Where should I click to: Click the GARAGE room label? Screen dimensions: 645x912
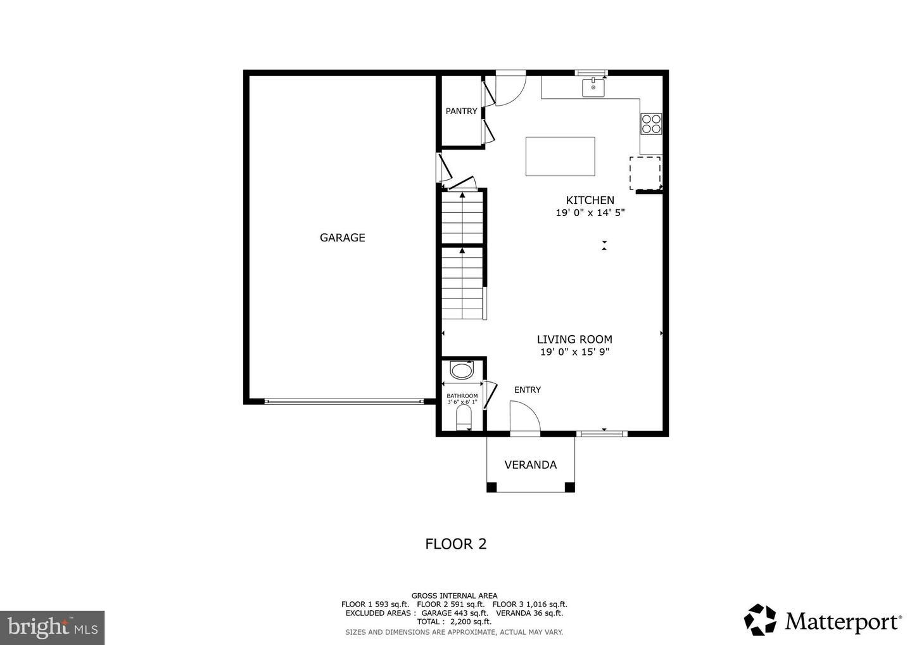click(342, 238)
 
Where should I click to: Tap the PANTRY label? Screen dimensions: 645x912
click(461, 112)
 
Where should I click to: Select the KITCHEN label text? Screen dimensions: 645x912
click(590, 200)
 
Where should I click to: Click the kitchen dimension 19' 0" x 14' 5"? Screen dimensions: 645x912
click(590, 214)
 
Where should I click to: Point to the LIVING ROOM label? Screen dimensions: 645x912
click(574, 340)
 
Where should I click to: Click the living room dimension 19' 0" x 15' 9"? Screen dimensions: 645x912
click(574, 353)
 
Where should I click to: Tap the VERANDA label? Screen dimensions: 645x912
click(530, 465)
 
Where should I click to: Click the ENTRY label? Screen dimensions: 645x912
click(527, 390)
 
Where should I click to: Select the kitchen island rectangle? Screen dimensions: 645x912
click(560, 156)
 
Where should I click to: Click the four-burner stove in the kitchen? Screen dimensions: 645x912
click(650, 124)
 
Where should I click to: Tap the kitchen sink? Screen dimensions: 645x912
click(593, 88)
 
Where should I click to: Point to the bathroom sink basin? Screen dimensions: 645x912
click(461, 369)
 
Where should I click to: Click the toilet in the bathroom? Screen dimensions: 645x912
click(464, 417)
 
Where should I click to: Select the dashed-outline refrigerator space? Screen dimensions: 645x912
click(645, 173)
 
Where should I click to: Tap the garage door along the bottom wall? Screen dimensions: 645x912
click(343, 401)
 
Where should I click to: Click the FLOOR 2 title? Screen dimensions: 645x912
click(455, 544)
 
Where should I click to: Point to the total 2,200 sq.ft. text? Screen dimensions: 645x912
click(454, 622)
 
